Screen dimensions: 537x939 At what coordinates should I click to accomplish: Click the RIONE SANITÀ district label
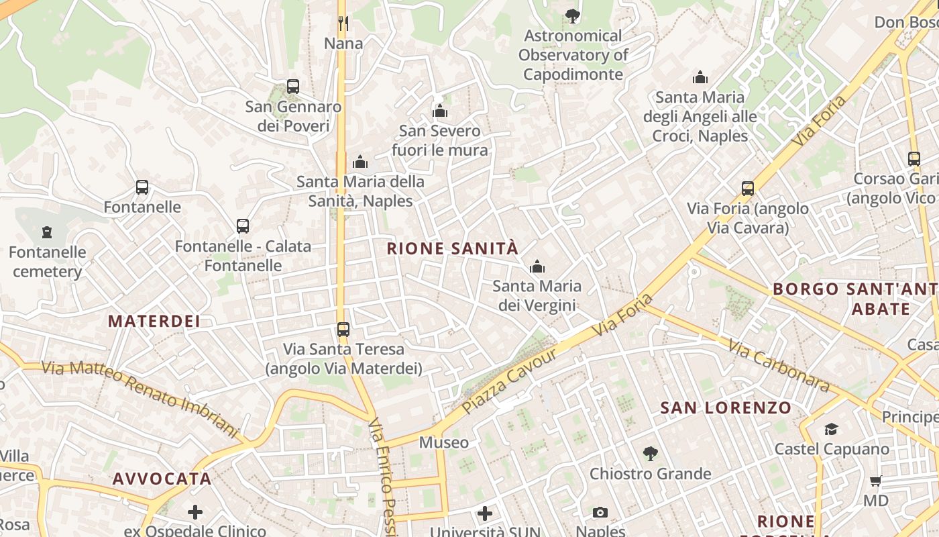click(x=453, y=248)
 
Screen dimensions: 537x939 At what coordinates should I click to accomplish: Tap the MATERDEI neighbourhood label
click(x=154, y=321)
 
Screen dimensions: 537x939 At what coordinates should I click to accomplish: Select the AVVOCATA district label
click(x=162, y=479)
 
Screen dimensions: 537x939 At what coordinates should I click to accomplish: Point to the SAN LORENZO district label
click(x=726, y=407)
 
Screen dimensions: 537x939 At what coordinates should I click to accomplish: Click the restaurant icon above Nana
click(x=343, y=23)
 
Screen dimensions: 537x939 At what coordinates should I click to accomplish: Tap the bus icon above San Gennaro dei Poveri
click(x=292, y=87)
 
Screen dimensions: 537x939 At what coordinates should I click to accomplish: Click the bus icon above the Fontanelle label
click(x=142, y=187)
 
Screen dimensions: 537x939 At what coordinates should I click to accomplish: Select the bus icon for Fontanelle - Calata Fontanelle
click(x=243, y=226)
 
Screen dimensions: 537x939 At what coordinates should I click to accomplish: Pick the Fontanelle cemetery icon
click(x=47, y=232)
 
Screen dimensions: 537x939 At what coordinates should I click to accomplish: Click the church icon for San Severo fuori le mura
click(x=440, y=111)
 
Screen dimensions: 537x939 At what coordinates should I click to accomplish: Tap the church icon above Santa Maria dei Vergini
click(x=537, y=267)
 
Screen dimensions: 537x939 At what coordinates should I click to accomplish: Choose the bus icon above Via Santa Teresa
click(x=343, y=330)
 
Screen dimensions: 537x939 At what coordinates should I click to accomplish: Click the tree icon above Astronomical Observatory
click(x=572, y=15)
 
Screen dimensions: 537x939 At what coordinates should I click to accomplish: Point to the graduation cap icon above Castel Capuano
click(x=831, y=429)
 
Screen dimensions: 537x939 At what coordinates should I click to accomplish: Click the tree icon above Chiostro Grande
click(x=650, y=454)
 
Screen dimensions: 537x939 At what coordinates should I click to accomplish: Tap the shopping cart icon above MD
click(x=875, y=481)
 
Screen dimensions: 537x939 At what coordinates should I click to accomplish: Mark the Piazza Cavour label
click(x=510, y=381)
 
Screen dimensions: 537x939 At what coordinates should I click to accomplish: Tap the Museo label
click(x=444, y=442)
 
